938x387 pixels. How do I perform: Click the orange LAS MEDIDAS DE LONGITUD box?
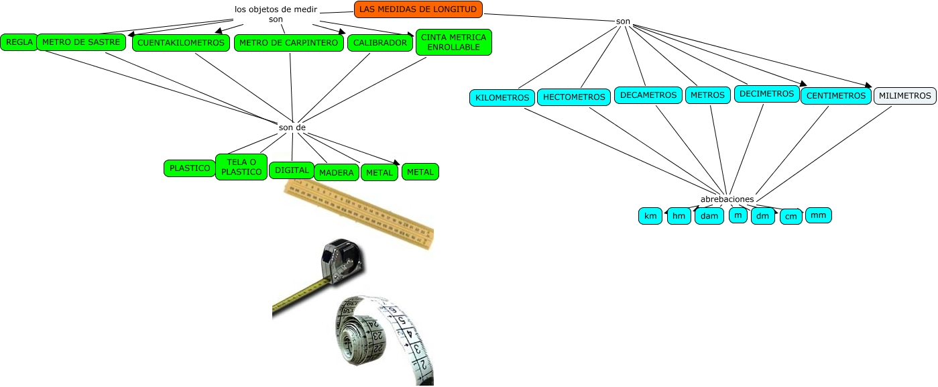coord(418,9)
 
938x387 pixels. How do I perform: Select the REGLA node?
coord(19,42)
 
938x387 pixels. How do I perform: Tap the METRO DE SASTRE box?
coord(80,42)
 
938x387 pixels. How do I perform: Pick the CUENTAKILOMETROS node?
coord(180,43)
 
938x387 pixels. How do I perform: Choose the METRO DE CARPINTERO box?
coord(288,43)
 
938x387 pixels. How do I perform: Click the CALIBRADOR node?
coord(379,43)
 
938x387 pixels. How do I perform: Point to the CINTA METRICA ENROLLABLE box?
coord(454,42)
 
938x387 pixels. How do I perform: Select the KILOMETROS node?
coord(502,97)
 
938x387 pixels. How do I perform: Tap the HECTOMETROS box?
coord(574,97)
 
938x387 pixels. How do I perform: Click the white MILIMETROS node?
coord(904,96)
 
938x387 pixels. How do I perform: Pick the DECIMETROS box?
coord(767,94)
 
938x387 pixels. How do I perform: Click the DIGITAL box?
coord(291,170)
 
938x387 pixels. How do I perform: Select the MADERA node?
coord(336,173)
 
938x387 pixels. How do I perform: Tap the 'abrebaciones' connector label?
coord(727,199)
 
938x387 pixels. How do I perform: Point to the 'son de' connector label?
coord(292,127)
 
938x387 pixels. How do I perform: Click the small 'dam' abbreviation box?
coord(709,216)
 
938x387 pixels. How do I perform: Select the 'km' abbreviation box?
coord(650,216)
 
